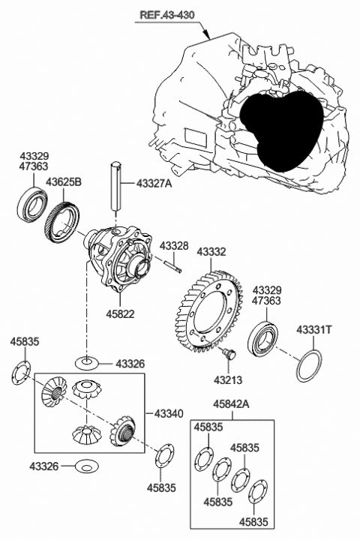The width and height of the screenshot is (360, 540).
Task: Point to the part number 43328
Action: pos(173,246)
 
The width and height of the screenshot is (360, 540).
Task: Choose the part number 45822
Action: pos(120,313)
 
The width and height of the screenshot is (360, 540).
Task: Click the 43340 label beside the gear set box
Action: pos(169,414)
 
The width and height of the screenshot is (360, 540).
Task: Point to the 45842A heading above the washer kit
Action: pos(231,404)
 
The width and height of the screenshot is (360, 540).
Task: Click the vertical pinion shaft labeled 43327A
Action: pos(117,187)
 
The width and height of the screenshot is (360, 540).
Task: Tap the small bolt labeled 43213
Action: pos(230,353)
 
